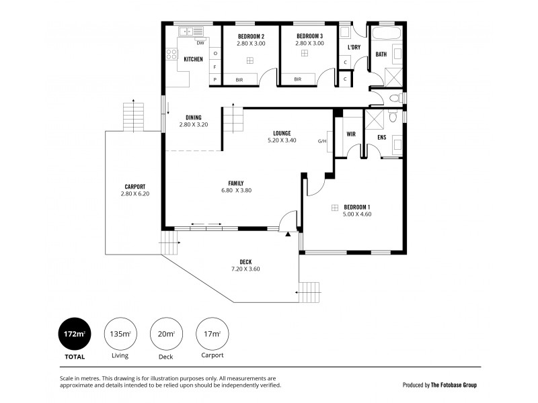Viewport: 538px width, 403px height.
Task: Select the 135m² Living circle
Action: tap(119, 333)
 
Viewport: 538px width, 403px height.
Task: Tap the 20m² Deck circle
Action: tap(165, 333)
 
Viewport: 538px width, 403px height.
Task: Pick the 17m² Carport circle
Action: tap(212, 333)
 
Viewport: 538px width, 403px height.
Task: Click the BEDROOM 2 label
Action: tap(251, 36)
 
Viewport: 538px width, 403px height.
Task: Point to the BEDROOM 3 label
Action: tap(309, 36)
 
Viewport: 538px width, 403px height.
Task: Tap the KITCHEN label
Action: tap(194, 59)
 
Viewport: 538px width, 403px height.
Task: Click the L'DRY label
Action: tap(354, 48)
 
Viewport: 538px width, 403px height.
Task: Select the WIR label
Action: tap(350, 134)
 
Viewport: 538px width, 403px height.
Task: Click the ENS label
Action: tap(381, 138)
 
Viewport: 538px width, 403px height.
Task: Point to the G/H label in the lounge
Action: tap(322, 141)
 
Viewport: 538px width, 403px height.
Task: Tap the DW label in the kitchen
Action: tap(200, 43)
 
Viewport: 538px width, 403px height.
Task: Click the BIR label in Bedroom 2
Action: tap(239, 79)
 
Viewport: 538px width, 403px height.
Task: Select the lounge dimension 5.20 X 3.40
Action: tap(281, 141)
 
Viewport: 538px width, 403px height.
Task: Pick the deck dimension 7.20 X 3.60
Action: tap(245, 269)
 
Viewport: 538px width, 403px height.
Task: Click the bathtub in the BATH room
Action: tap(386, 33)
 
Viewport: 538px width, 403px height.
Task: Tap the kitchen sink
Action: tap(190, 30)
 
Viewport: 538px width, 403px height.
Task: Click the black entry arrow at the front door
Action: tap(288, 234)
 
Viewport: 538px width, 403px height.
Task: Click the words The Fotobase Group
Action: tap(455, 385)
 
